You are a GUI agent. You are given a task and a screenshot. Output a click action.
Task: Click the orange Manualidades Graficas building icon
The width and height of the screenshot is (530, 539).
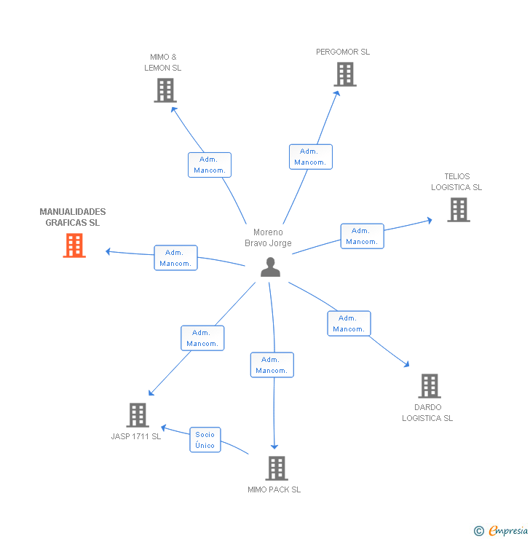(74, 245)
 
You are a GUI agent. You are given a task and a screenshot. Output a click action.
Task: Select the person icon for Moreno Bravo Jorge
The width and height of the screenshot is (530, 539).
(270, 267)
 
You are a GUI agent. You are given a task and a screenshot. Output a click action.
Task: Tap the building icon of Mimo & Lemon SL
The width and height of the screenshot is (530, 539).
(165, 90)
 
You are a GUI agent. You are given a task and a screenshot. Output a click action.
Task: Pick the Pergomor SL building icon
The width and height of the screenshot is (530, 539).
(345, 74)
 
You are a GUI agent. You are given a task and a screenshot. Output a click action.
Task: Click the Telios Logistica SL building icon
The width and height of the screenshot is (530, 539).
(459, 210)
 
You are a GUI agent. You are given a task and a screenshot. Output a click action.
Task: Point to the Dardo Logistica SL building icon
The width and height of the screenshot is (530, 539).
(430, 386)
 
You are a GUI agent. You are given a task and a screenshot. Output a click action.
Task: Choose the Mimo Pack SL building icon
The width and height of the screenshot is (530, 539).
(276, 468)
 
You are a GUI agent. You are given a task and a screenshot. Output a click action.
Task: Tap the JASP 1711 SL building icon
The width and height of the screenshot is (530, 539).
(137, 415)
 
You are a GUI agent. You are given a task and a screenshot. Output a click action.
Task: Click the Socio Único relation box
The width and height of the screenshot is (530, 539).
(205, 440)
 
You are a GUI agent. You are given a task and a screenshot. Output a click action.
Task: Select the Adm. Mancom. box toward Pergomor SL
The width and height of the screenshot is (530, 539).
(311, 157)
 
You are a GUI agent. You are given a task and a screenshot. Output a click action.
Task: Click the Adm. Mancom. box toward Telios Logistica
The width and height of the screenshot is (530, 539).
(362, 236)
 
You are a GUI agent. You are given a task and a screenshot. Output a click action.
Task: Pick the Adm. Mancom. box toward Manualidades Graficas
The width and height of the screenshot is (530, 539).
(175, 258)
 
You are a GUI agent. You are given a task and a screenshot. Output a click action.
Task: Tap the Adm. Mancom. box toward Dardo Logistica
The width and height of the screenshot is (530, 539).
(349, 323)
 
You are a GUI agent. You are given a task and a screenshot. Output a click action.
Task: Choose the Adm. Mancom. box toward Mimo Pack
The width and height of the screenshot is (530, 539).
(272, 365)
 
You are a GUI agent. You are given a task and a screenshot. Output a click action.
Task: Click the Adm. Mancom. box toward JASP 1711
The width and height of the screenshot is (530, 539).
(202, 338)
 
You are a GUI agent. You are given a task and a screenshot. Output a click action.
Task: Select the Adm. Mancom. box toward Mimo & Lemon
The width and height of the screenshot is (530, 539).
(210, 165)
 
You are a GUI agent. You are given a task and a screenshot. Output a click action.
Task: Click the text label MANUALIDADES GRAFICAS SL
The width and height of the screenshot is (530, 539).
(73, 217)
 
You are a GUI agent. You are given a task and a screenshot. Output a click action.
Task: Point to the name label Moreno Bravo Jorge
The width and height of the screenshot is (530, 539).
(268, 237)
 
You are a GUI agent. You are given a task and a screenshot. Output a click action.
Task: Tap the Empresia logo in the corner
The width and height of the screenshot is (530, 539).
(502, 531)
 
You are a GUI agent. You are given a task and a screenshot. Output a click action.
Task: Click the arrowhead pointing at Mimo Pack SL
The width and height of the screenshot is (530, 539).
(274, 447)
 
